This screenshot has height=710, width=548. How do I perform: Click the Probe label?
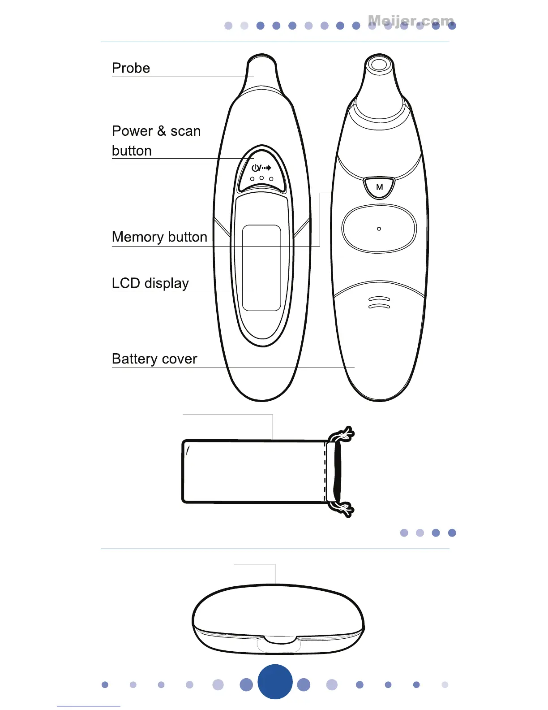tap(131, 68)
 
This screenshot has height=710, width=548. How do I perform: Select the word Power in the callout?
tap(132, 131)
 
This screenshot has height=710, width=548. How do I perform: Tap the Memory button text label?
tap(159, 237)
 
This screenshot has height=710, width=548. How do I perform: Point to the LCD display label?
tap(150, 283)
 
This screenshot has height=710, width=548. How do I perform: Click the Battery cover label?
tap(154, 359)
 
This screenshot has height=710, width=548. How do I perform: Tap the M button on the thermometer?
tap(379, 187)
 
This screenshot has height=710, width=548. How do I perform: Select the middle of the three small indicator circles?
tap(261, 178)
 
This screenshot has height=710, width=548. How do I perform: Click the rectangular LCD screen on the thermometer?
tap(261, 268)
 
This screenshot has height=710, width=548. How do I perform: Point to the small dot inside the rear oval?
tap(379, 229)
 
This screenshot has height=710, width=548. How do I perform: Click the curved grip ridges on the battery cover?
tap(379, 303)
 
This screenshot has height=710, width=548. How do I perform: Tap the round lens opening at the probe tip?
tap(379, 64)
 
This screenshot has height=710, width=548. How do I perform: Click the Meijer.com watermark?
tap(411, 21)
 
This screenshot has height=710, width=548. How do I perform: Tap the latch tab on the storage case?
tap(278, 644)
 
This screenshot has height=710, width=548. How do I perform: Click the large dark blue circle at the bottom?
tap(275, 682)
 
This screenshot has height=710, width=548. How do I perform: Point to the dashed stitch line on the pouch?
tap(325, 471)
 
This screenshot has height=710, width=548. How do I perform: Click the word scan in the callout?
tap(185, 131)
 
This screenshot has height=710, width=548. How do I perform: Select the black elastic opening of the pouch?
tap(337, 471)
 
